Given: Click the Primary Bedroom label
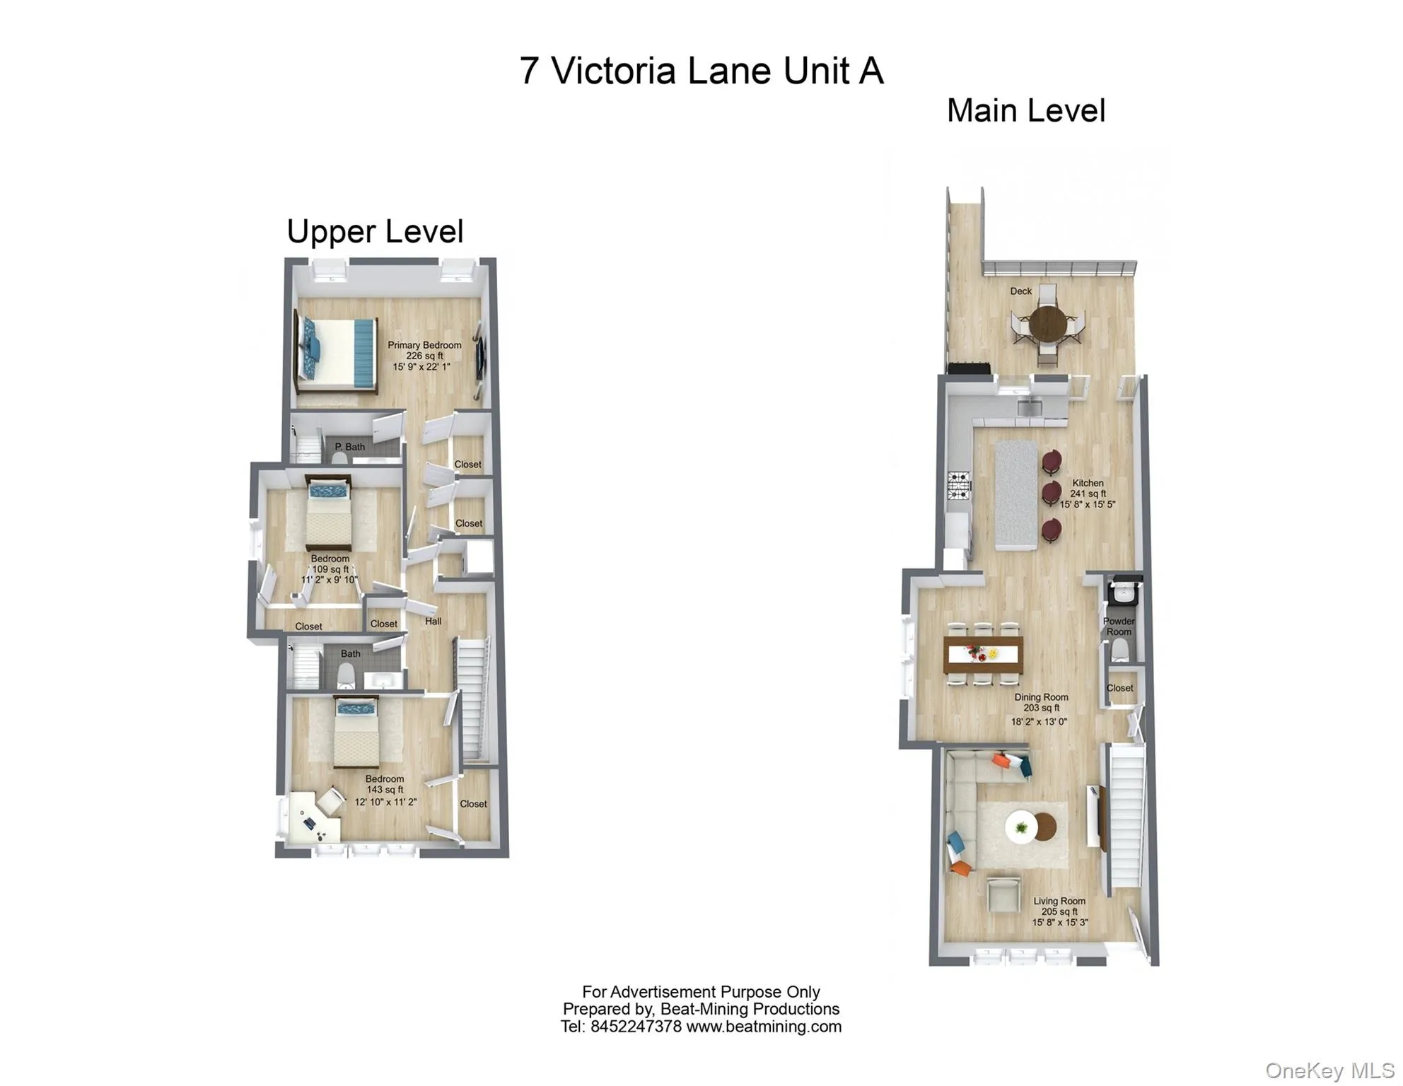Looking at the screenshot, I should coord(424,345).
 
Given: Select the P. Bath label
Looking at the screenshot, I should coord(349,447).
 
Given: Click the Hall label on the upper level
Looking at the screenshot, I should coord(433,621).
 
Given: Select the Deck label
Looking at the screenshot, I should coord(1020,291).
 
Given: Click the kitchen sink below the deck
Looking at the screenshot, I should coord(1029,407).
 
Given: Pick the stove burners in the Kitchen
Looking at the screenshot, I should coord(958,485).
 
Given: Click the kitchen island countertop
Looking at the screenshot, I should coord(1016,495).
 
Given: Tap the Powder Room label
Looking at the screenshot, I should coord(1118,626).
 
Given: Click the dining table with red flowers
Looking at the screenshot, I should coord(983,654).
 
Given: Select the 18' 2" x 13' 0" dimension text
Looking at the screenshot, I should coord(1038,722).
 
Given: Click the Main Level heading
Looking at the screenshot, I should coord(1025,111).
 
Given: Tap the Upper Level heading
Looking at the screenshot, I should coord(375,232).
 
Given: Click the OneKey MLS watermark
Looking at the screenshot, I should coord(1329,1071).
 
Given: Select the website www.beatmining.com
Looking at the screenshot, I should coord(763,1027).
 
